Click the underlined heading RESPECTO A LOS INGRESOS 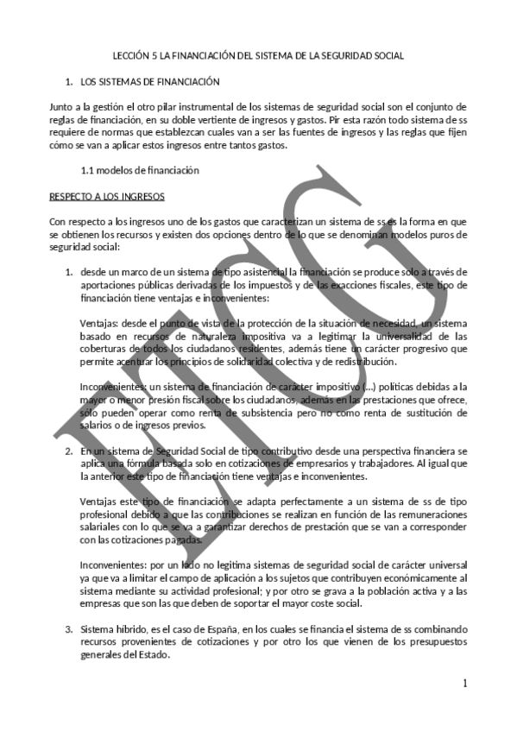coord(101,196)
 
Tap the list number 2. coord(69,451)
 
